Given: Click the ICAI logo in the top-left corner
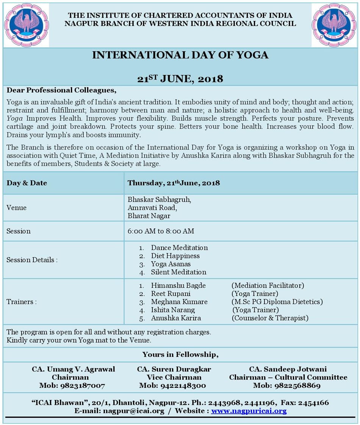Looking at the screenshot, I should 26,25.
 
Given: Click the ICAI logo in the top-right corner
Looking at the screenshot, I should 334,25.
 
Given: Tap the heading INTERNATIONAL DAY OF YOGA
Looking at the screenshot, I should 180,55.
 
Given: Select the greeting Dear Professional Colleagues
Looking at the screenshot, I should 61,90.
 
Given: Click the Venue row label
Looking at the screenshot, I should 16,208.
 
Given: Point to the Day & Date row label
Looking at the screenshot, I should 27,183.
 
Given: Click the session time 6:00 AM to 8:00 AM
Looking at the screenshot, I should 161,231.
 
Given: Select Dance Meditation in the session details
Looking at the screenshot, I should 179,248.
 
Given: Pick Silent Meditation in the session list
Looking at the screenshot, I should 178,272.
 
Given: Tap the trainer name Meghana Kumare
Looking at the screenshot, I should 179,302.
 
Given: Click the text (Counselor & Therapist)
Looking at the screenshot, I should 270,318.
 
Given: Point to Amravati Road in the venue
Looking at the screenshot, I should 152,208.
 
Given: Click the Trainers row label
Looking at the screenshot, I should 22,302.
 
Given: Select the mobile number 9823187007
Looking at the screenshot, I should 72,386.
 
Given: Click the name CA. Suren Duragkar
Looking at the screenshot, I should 174,369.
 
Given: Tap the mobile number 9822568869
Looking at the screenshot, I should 287,386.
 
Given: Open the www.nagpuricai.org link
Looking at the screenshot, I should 249,411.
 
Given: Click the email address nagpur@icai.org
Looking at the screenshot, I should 133,411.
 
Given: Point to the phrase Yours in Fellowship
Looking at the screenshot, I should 180,354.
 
